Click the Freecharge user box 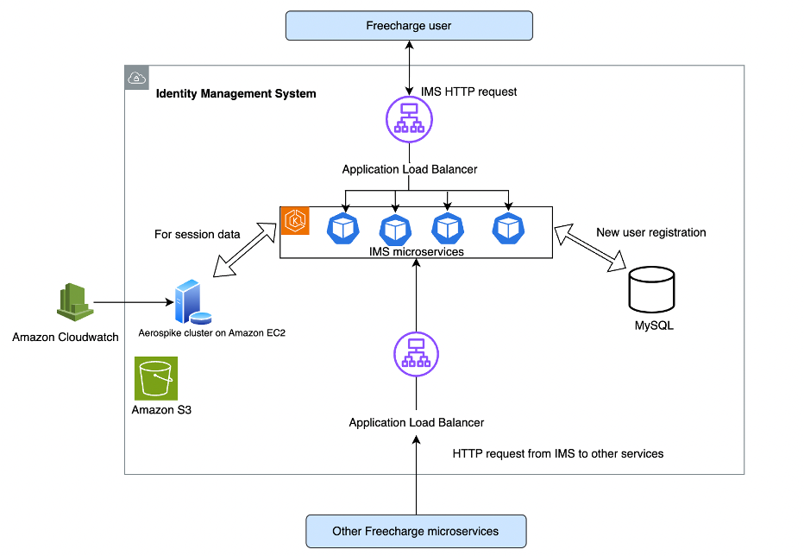pyautogui.click(x=410, y=25)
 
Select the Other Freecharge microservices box pyautogui.click(x=415, y=531)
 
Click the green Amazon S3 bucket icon pyautogui.click(x=156, y=378)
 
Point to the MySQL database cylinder pyautogui.click(x=651, y=290)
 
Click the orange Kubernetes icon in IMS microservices pyautogui.click(x=297, y=222)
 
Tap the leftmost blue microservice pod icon pyautogui.click(x=342, y=229)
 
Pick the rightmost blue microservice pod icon pyautogui.click(x=509, y=229)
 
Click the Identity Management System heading pyautogui.click(x=236, y=93)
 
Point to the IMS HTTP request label pyautogui.click(x=468, y=92)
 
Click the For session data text pyautogui.click(x=197, y=234)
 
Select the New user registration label pyautogui.click(x=650, y=232)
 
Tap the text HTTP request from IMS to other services pyautogui.click(x=557, y=453)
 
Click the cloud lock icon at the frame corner pyautogui.click(x=136, y=78)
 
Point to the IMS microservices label pyautogui.click(x=416, y=251)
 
